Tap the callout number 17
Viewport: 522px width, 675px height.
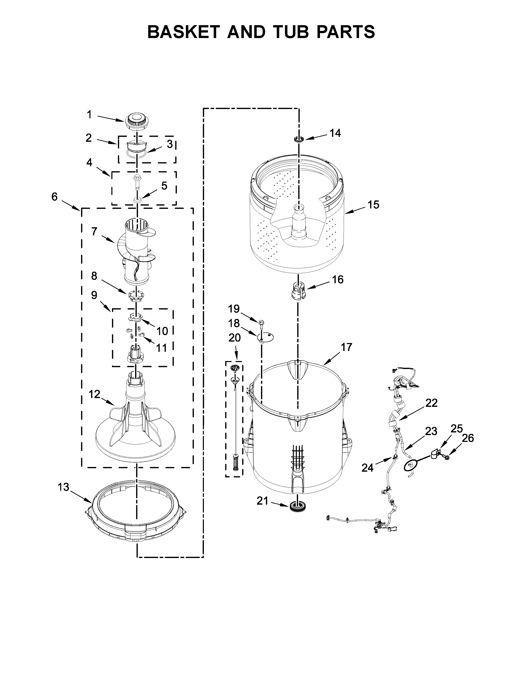click(346, 347)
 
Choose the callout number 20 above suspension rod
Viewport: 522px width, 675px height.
click(234, 338)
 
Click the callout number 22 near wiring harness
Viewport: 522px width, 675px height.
click(431, 403)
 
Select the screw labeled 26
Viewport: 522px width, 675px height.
click(446, 456)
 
